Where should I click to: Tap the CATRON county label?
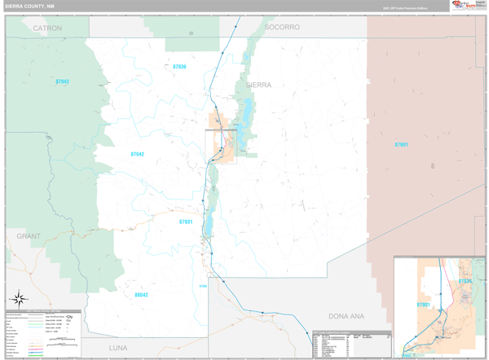pos(47,28)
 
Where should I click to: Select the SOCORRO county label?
pos(282,28)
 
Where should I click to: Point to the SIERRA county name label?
pos(258,85)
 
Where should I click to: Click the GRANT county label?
pos(29,236)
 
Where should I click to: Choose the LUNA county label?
pos(118,348)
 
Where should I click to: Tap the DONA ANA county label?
pos(346,315)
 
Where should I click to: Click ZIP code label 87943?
pos(63,81)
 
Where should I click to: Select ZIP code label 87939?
pos(179,67)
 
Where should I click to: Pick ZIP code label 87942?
pos(137,154)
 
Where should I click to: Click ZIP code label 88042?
pos(141,295)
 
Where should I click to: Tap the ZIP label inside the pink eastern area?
pos(401,144)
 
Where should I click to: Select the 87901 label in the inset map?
pos(424,305)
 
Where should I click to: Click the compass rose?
pos(18,298)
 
